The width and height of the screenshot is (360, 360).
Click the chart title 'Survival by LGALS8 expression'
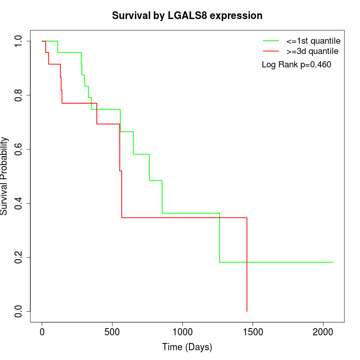187,16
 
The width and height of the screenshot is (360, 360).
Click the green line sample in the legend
271,40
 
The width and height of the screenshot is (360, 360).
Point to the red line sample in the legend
271,51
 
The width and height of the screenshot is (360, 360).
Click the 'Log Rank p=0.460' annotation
296,65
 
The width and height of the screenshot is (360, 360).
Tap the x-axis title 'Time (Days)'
187,347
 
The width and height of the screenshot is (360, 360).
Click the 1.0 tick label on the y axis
19,41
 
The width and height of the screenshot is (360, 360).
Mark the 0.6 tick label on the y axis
19,149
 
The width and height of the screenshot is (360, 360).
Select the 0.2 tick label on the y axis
19,257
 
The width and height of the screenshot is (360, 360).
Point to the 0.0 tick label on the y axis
19,311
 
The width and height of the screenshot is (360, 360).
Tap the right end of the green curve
333,262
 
